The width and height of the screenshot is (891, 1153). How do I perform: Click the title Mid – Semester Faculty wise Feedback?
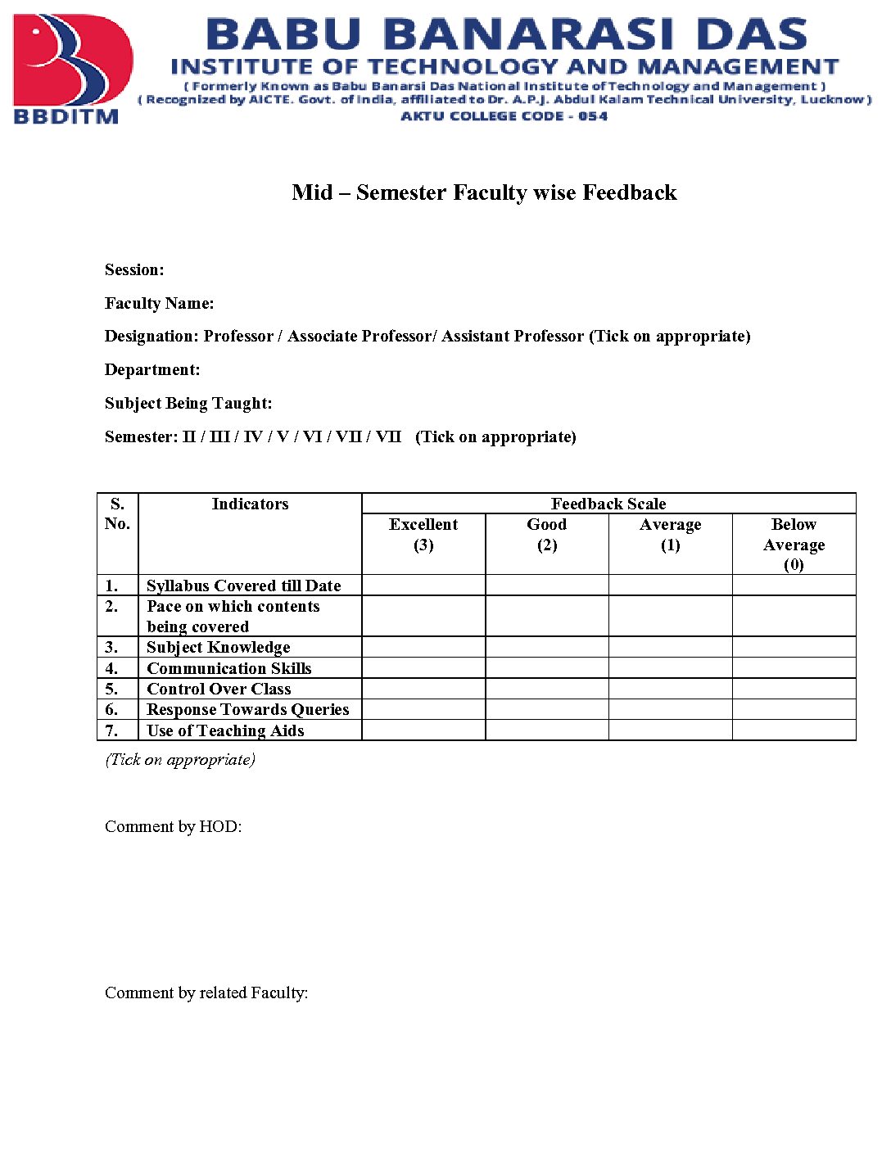point(484,192)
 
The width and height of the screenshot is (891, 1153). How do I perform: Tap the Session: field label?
point(134,270)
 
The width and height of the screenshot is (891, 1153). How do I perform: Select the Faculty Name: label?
point(160,304)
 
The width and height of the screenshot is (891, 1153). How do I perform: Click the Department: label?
point(152,370)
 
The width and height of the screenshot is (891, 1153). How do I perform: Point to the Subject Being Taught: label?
point(188,404)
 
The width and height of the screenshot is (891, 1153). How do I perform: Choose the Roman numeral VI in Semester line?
point(312,437)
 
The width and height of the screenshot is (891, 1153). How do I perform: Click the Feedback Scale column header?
point(608,504)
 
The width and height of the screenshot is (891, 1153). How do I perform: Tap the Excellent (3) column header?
point(423,535)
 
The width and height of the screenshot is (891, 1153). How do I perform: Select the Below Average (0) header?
point(794,544)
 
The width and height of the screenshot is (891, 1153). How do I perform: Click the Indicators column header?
point(250,504)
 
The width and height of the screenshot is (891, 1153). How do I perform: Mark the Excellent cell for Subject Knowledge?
point(423,648)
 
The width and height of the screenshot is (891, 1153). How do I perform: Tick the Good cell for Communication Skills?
point(547,668)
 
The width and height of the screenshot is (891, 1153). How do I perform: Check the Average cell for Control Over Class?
point(670,689)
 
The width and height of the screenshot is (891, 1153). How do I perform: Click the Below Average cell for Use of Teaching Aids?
point(794,730)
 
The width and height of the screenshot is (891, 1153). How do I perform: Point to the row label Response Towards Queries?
point(247,710)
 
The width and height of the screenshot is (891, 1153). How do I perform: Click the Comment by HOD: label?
point(173,827)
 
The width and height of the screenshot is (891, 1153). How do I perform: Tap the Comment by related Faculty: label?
point(206,993)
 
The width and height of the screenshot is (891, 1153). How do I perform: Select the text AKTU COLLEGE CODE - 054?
point(504,116)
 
